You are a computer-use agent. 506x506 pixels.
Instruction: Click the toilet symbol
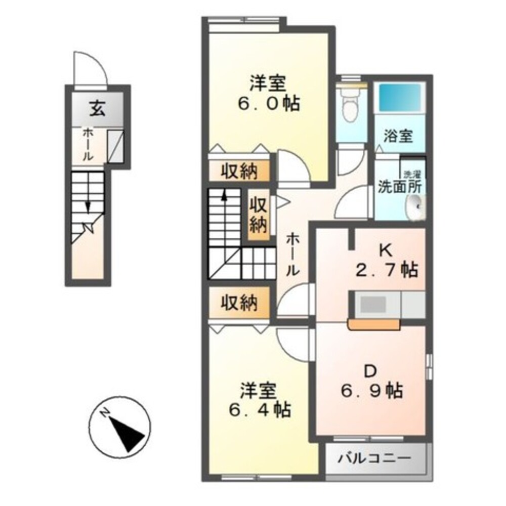(x=351, y=106)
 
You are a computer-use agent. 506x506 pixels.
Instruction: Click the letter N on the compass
(x=104, y=413)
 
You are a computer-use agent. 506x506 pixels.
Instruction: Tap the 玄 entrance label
(x=98, y=109)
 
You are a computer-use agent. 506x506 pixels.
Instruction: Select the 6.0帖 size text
(x=269, y=104)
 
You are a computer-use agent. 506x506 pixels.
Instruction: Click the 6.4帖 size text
(x=260, y=410)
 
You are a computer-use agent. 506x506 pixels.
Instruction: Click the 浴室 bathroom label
(x=398, y=136)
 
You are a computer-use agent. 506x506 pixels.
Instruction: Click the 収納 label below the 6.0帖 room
(x=239, y=172)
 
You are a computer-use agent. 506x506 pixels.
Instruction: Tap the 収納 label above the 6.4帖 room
(x=239, y=303)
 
